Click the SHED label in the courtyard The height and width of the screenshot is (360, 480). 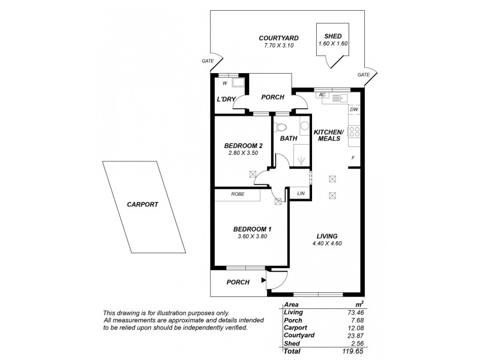click(333, 36)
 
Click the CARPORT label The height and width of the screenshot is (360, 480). click(142, 204)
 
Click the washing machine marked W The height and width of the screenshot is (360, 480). click(225, 83)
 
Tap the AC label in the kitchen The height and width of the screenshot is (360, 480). click(322, 95)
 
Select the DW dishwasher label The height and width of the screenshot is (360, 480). click(354, 110)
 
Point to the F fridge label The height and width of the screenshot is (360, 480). click(353, 158)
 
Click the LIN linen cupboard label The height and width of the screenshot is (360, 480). click(301, 194)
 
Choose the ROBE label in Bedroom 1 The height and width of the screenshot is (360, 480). click(237, 194)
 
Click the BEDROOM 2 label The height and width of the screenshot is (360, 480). click(244, 146)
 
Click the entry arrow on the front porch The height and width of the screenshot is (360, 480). click(263, 280)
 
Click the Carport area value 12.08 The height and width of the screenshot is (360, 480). click(355, 328)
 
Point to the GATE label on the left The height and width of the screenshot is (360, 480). click(208, 61)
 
